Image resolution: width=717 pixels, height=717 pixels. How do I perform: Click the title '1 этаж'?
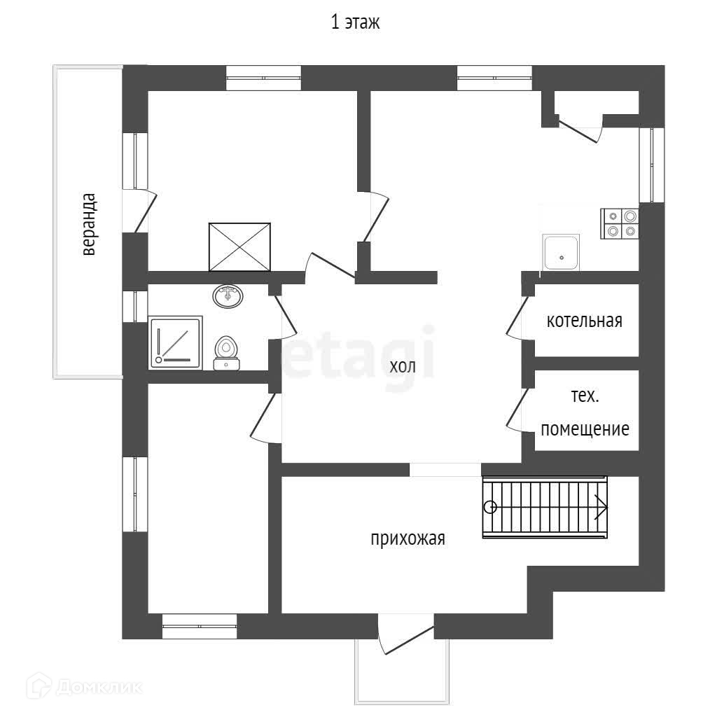tap(355, 23)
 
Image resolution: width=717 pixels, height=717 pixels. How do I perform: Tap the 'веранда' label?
tap(88, 224)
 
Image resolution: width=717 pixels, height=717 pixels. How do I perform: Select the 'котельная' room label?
tap(585, 321)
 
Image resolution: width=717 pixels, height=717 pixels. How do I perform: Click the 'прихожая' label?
tap(408, 538)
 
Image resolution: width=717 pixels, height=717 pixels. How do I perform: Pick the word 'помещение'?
tap(585, 429)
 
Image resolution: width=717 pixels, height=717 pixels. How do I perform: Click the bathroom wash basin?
tap(228, 296)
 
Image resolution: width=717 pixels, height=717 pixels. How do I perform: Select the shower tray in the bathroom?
tap(176, 342)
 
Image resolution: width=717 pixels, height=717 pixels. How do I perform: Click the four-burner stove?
tap(620, 223)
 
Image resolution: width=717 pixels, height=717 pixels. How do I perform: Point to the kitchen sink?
tap(561, 253)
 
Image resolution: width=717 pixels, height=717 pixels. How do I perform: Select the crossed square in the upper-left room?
tap(239, 246)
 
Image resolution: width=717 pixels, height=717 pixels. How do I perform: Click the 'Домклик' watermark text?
tap(98, 687)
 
